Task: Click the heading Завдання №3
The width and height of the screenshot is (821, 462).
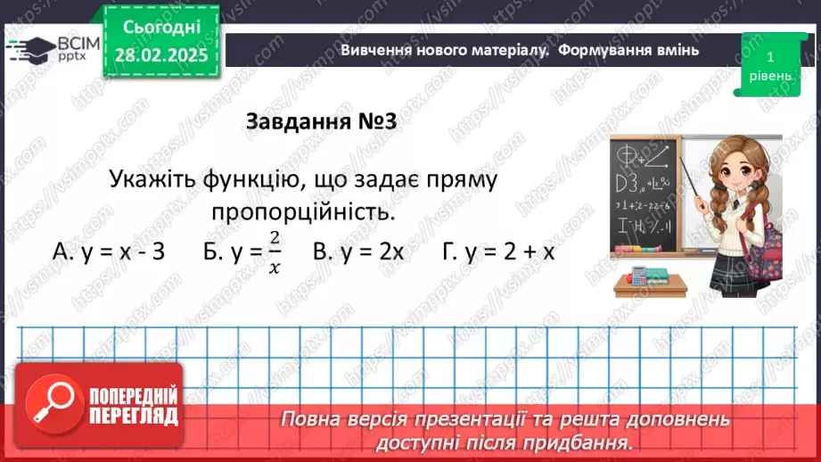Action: pyautogui.click(x=320, y=122)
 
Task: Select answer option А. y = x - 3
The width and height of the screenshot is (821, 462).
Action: pyautogui.click(x=110, y=252)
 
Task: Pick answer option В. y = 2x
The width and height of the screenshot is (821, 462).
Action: pyautogui.click(x=358, y=252)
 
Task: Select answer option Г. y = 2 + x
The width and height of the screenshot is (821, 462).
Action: pyautogui.click(x=499, y=252)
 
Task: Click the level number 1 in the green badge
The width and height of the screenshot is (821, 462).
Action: pyautogui.click(x=769, y=56)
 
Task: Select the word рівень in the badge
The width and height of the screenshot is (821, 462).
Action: pyautogui.click(x=769, y=76)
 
